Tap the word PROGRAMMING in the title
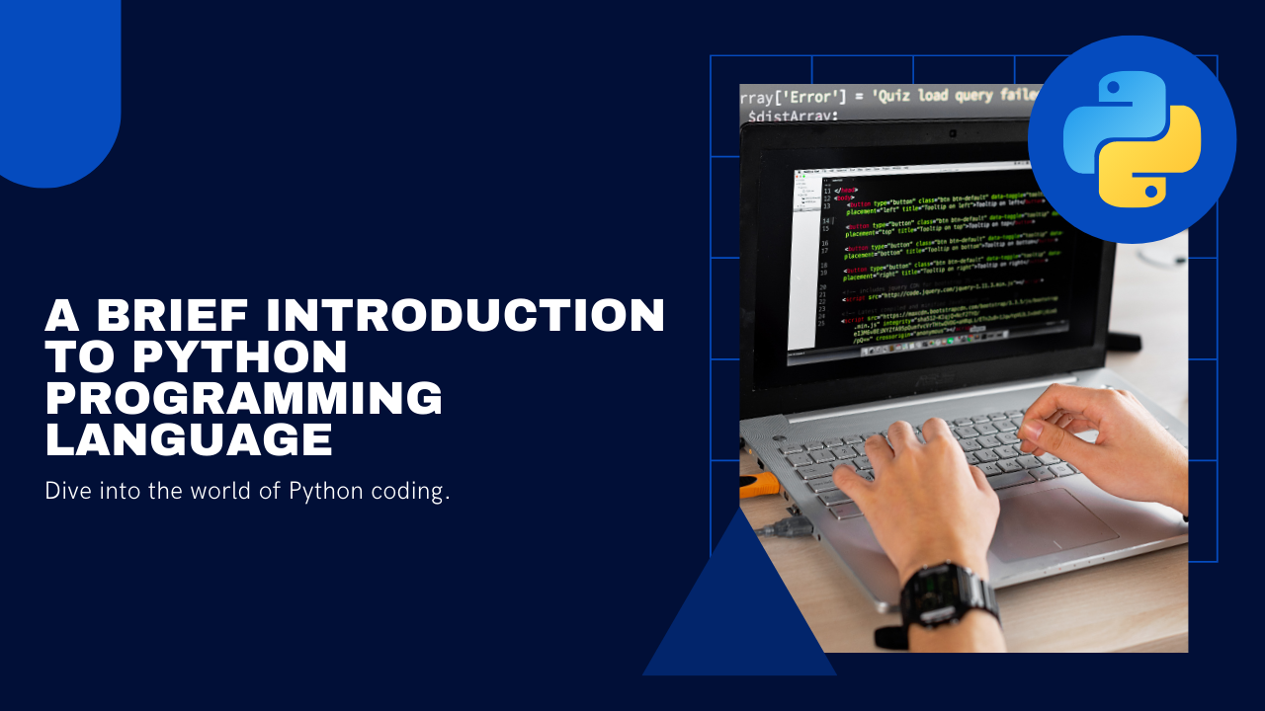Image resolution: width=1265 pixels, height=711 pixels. point(244,398)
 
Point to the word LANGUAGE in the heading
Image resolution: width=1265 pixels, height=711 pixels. point(189,439)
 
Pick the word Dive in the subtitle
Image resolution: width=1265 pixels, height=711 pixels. point(66,491)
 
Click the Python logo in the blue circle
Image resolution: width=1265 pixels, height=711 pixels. point(1132,139)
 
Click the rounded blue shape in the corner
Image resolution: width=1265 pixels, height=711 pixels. point(59,89)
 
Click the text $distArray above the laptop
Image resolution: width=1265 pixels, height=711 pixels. point(794,118)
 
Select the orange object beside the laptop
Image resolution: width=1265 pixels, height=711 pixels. point(758,485)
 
